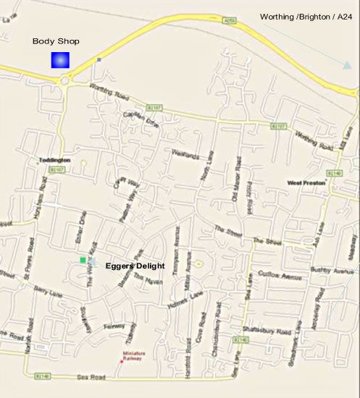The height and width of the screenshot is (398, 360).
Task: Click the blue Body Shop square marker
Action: click(59, 59)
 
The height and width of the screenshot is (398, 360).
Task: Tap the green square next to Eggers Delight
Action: click(83, 260)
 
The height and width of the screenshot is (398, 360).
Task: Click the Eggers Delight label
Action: click(135, 266)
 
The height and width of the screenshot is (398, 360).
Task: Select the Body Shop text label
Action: click(56, 41)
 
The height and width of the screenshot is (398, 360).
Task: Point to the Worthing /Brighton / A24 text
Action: click(307, 17)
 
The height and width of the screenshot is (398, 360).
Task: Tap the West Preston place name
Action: click(306, 184)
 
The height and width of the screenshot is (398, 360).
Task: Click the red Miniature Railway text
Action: click(132, 355)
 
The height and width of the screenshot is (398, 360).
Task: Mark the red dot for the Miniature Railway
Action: click(121, 361)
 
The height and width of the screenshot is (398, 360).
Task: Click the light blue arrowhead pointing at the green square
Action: click(94, 261)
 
